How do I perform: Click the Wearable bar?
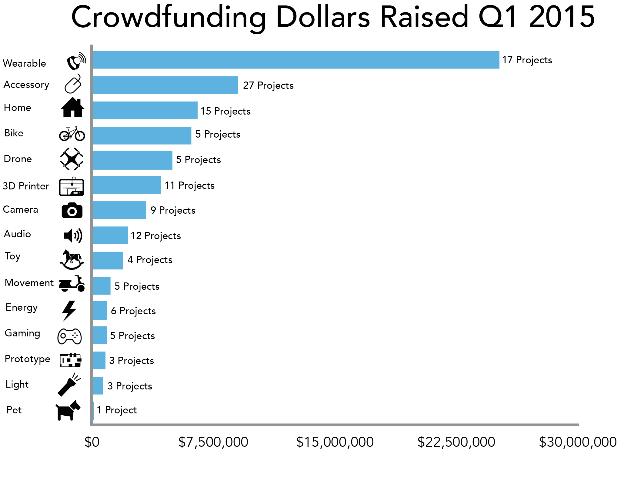[296, 60]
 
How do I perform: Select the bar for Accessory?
[165, 85]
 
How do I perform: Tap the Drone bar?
[132, 160]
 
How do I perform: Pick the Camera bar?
[119, 210]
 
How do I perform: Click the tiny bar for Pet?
[93, 411]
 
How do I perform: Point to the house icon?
[72, 107]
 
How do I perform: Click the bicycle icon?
[72, 134]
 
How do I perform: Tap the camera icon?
[72, 210]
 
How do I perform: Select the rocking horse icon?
[72, 260]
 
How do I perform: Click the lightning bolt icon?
[69, 311]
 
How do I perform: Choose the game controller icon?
[69, 336]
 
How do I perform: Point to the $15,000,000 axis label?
[335, 442]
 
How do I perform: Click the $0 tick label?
[92, 442]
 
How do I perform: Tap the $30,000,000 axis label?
[578, 442]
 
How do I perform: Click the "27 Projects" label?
[268, 85]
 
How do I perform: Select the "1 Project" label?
[117, 410]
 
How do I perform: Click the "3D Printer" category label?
[26, 186]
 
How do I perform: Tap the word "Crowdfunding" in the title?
[168, 17]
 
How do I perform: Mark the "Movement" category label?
[29, 283]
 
